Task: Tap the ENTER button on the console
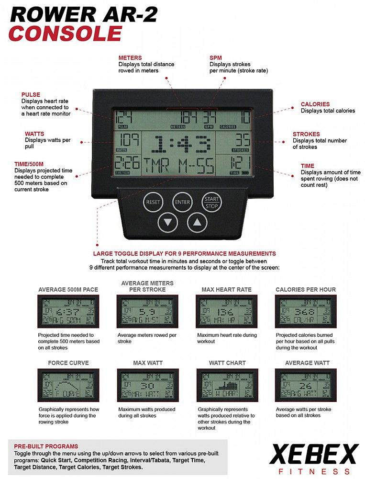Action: [x=182, y=202]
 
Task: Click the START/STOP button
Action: [x=211, y=202]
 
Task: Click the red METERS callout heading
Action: [x=130, y=58]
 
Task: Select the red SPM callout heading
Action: [x=216, y=58]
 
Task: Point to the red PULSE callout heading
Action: [x=31, y=94]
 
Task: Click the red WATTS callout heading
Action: [x=34, y=134]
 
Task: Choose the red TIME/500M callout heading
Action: [x=33, y=164]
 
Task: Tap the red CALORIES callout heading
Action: [x=315, y=104]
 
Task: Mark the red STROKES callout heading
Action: [x=306, y=134]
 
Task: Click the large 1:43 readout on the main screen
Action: [x=177, y=143]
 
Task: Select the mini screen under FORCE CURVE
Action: [x=68, y=385]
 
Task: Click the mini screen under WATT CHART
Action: [x=227, y=385]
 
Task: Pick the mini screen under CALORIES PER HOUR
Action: [x=305, y=311]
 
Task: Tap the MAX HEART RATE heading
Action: [x=226, y=289]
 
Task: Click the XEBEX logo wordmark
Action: [x=314, y=454]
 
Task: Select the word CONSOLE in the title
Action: [x=66, y=34]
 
